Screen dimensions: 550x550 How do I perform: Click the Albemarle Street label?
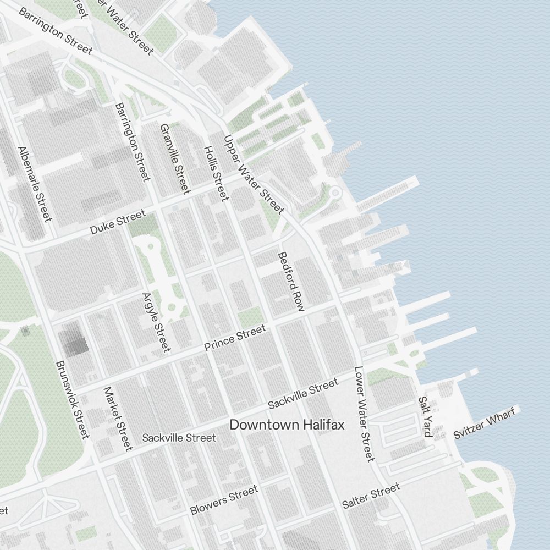35,184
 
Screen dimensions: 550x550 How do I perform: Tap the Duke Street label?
118,222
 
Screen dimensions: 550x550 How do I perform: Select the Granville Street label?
175,158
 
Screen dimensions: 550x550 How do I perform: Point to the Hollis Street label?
216,173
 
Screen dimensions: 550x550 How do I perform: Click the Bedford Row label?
291,282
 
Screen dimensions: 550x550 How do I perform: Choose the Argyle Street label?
156,322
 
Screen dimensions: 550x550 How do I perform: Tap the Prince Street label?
235,337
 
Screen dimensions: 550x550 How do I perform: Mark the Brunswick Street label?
73,400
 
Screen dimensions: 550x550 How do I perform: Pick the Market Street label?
118,417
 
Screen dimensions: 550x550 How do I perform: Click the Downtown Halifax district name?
287,425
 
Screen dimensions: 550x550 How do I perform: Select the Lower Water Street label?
364,414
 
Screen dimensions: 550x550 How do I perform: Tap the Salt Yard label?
425,416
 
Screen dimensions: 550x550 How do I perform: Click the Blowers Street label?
224,500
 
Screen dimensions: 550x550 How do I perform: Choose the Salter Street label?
371,496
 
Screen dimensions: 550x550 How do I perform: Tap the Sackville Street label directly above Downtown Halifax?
303,394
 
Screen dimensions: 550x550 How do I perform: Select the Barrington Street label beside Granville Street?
133,141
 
